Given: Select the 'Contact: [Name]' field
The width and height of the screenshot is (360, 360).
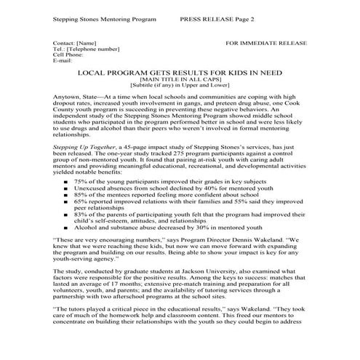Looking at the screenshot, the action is click(x=74, y=44).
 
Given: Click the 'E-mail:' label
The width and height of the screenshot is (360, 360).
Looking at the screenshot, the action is click(x=63, y=62).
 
